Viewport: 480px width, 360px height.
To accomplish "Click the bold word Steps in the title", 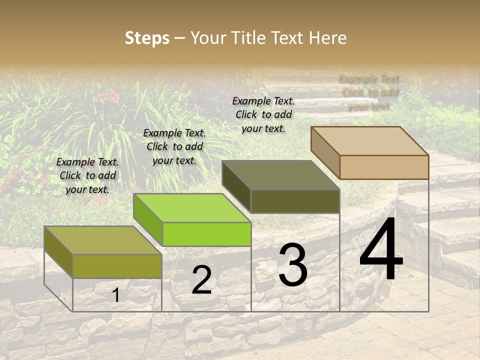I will pyautogui.click(x=147, y=38).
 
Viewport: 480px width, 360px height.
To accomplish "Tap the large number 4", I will pyautogui.click(x=381, y=249).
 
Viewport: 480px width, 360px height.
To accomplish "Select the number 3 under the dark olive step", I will pyautogui.click(x=293, y=265).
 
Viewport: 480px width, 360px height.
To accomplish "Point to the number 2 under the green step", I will pyautogui.click(x=201, y=280).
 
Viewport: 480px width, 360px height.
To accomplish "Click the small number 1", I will pyautogui.click(x=116, y=295).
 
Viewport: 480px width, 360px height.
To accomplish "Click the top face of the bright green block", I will pyautogui.click(x=192, y=208).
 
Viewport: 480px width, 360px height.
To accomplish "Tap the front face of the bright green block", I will pyautogui.click(x=206, y=234).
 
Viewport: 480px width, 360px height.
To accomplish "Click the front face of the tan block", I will pyautogui.click(x=384, y=167).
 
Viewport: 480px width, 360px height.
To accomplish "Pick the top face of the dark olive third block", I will pyautogui.click(x=280, y=175).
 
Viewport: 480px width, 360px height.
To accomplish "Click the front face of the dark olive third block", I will pyautogui.click(x=295, y=201).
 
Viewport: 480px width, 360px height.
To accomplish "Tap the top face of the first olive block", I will pyautogui.click(x=102, y=240).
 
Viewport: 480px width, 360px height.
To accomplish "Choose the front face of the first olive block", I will pyautogui.click(x=117, y=266).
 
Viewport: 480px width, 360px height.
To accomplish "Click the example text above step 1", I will pyautogui.click(x=87, y=175).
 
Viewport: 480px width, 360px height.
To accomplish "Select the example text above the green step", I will pyautogui.click(x=174, y=146).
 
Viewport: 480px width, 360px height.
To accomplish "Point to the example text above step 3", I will pyautogui.click(x=263, y=114).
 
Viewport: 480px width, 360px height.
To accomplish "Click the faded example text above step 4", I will pyautogui.click(x=370, y=92).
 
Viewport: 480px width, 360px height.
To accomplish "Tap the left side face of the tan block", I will pyautogui.click(x=325, y=152).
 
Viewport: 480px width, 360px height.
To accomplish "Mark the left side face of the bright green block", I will pyautogui.click(x=147, y=220).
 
